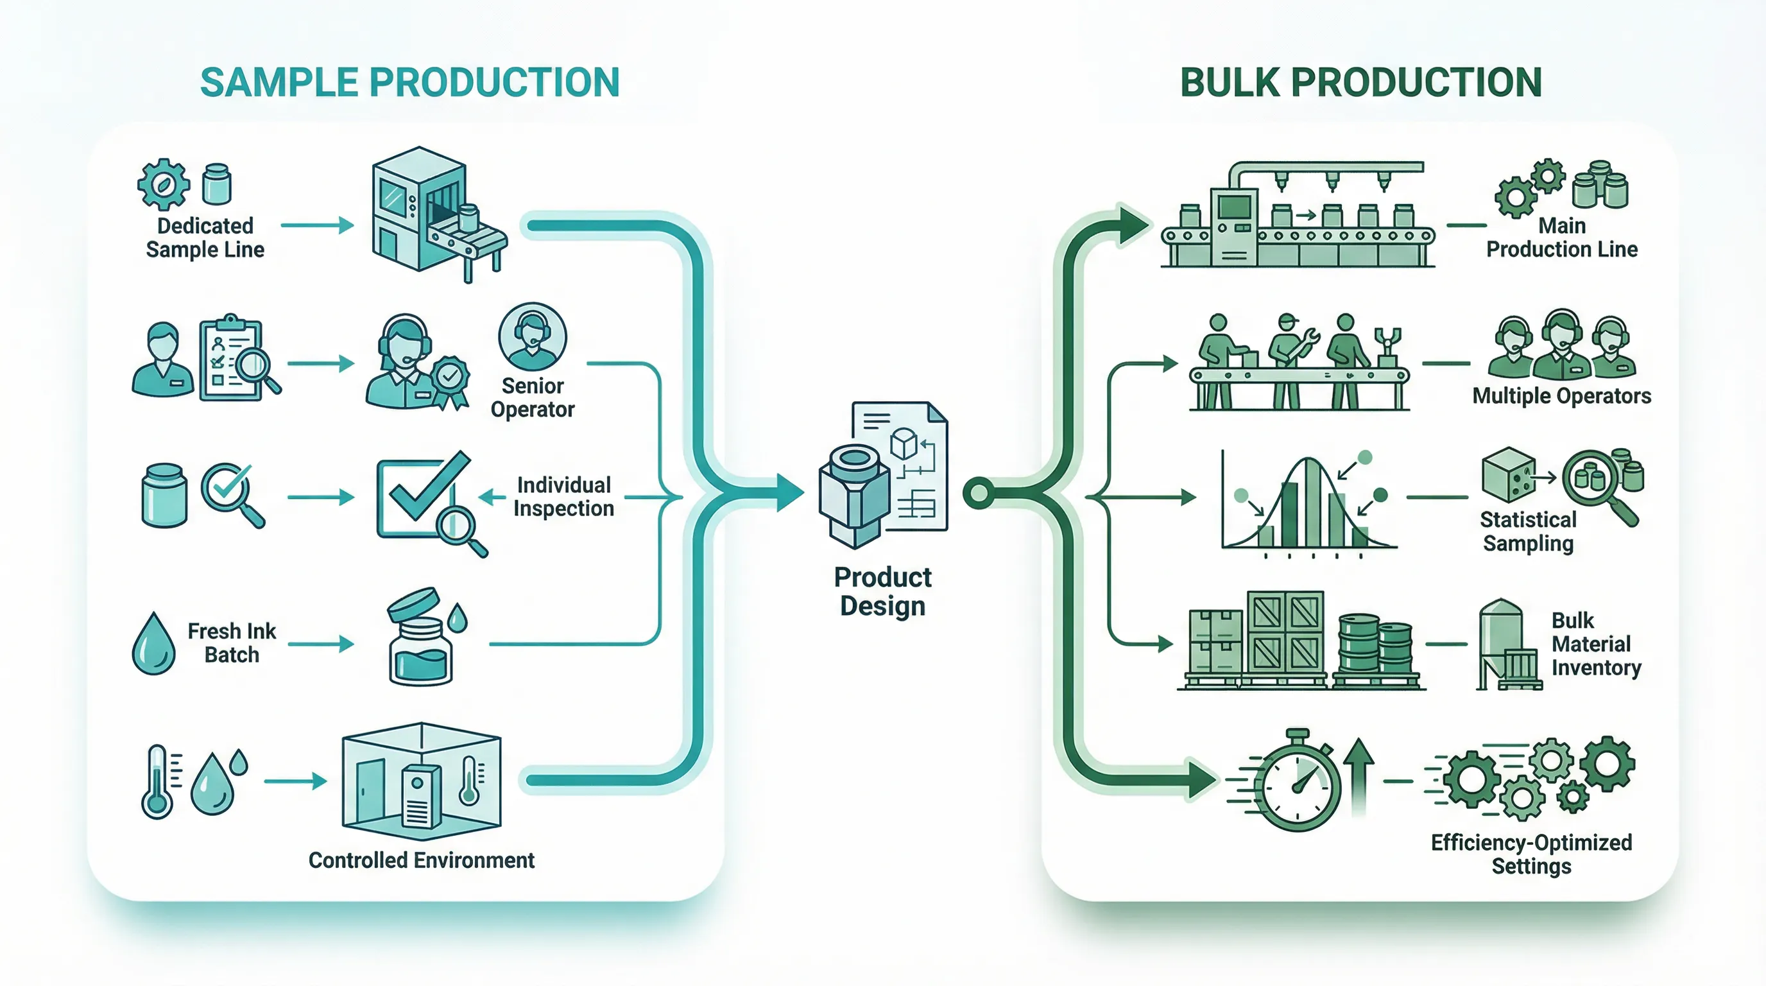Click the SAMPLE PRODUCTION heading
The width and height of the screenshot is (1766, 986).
409,82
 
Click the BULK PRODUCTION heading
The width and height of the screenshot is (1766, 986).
1360,82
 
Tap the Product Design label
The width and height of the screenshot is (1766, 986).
882,592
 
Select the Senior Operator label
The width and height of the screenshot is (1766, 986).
533,398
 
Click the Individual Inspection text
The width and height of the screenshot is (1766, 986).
563,496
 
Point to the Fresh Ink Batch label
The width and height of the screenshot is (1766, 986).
232,643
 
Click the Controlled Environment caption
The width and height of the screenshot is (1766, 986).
421,860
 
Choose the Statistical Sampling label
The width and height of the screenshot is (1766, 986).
1528,532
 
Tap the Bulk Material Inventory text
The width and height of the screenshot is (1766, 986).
1595,644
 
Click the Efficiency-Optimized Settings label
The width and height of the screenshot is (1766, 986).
1531,854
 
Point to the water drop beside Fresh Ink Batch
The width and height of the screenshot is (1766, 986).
153,644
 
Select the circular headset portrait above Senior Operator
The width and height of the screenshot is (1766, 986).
533,336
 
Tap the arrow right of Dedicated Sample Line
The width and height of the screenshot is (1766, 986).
318,225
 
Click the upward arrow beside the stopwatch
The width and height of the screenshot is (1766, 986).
1358,775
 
